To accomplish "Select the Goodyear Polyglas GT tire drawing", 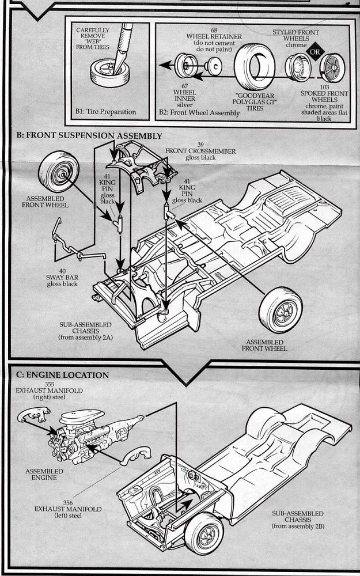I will tap(255, 67).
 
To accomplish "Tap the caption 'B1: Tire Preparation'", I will tap(105, 112).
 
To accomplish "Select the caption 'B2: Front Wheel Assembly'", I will tap(199, 113).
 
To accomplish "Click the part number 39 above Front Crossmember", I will tap(200, 144).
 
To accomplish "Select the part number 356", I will tap(67, 502).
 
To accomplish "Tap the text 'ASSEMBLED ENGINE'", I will tap(44, 475).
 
